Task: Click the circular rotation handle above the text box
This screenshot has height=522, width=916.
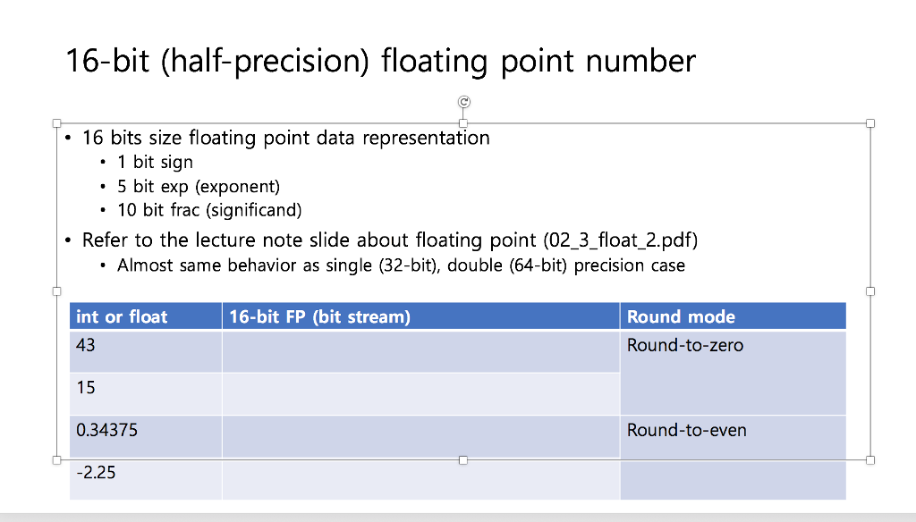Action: click(463, 102)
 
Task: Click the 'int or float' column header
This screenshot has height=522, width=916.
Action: click(123, 316)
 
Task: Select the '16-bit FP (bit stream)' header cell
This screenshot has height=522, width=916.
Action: click(319, 316)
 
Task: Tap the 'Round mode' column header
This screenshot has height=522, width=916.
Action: click(681, 316)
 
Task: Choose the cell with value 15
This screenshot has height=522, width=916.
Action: click(86, 388)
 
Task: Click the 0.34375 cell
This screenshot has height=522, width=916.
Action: click(107, 430)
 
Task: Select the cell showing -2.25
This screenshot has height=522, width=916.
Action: click(97, 473)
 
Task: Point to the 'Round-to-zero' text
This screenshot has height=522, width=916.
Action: click(684, 345)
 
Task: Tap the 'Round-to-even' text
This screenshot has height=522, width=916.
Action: click(686, 430)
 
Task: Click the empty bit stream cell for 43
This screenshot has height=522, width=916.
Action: click(420, 351)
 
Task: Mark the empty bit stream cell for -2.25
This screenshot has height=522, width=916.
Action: click(420, 479)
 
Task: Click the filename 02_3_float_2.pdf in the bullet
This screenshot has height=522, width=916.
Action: click(617, 240)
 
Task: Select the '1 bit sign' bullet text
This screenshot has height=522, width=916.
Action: click(155, 162)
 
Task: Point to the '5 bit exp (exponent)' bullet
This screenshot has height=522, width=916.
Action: click(199, 187)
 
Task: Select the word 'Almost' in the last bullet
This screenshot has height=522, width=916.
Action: click(147, 265)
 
